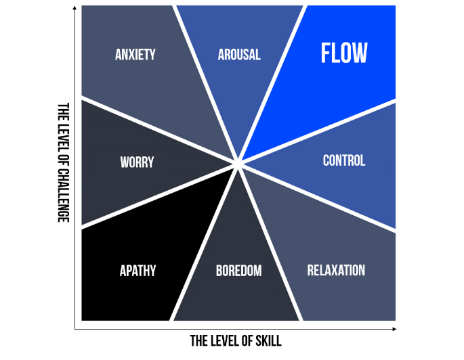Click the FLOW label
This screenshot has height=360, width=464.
tap(344, 53)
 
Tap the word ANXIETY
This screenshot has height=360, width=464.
tap(135, 55)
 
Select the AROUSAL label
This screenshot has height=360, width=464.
tap(239, 55)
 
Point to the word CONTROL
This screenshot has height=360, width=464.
tap(343, 161)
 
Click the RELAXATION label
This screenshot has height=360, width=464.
tap(336, 271)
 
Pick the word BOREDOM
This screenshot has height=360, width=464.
tap(238, 271)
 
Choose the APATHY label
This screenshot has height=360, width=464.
tap(138, 271)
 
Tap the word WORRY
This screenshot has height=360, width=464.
tap(137, 162)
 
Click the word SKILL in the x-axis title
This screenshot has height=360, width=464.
tap(266, 340)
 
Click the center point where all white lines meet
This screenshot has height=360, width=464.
tap(238, 162)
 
